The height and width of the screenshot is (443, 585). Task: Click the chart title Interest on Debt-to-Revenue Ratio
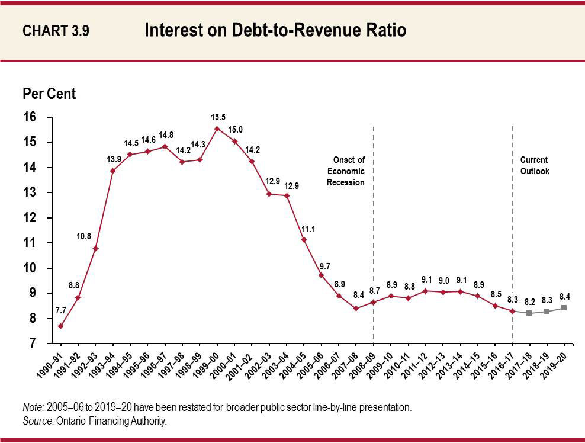pos(275,31)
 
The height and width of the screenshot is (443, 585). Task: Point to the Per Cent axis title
pos(49,94)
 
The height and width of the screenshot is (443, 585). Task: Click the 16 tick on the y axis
pos(30,117)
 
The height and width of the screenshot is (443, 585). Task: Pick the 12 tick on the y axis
pos(30,218)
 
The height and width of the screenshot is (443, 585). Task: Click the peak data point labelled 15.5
pos(217,129)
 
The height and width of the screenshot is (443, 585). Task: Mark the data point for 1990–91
pos(60,326)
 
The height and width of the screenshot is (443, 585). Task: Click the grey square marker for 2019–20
pos(564,308)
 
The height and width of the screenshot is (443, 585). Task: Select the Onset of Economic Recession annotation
pos(346,171)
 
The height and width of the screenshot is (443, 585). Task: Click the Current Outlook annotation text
pos(534,165)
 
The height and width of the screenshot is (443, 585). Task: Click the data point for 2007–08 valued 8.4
pos(356,308)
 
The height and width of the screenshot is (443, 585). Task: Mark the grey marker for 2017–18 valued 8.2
pos(529,313)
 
